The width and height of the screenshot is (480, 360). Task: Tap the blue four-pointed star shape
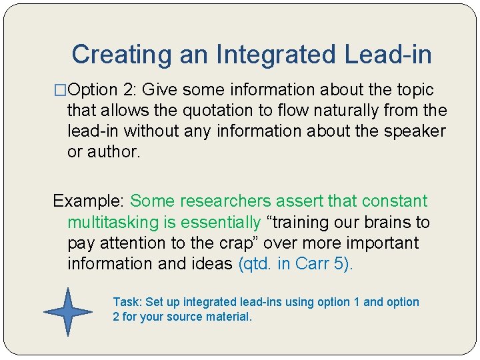click(67, 311)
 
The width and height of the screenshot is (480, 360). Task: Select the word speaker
click(414, 131)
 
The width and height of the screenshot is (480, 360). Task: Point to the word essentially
click(223, 221)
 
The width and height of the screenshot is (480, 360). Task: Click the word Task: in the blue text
click(126, 302)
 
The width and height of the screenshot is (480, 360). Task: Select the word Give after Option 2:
click(161, 89)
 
